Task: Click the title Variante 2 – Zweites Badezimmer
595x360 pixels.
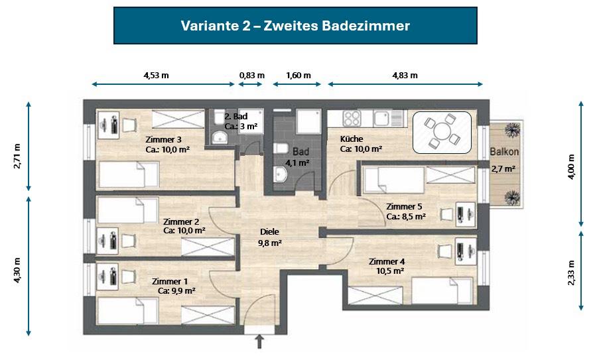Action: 295,26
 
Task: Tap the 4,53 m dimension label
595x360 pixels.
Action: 156,75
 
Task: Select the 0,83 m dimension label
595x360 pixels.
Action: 251,75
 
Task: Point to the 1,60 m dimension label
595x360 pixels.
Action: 298,75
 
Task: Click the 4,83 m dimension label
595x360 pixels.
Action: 405,75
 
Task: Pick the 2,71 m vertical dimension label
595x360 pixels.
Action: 17,156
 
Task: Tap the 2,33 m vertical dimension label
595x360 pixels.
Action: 571,272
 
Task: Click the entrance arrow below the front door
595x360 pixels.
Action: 259,341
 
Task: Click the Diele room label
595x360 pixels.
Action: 269,232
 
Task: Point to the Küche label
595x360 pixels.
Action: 352,139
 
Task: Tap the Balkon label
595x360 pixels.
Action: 504,152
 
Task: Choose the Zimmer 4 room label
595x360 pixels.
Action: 387,261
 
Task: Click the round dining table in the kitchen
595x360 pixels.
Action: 441,133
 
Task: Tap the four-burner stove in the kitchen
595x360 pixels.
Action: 352,119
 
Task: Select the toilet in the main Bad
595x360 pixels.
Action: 280,149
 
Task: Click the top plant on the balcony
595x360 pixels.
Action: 512,129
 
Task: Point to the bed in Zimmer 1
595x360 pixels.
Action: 128,311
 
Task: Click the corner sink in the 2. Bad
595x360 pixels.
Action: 219,137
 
